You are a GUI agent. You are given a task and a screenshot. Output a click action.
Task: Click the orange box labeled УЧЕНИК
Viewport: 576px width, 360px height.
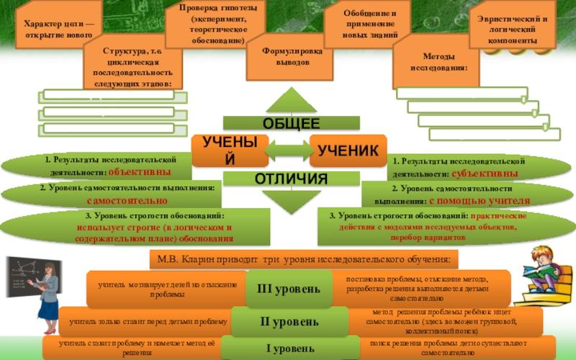pos(348,150)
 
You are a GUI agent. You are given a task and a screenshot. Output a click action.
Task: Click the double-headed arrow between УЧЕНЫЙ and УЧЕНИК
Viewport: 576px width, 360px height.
pos(288,151)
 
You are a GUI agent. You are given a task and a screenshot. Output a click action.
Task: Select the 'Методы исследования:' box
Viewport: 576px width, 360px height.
pos(434,61)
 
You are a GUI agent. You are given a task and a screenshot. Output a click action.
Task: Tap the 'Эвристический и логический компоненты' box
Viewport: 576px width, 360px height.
pos(512,30)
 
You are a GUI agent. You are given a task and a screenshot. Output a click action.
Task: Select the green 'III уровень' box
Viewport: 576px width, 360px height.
pos(289,289)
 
